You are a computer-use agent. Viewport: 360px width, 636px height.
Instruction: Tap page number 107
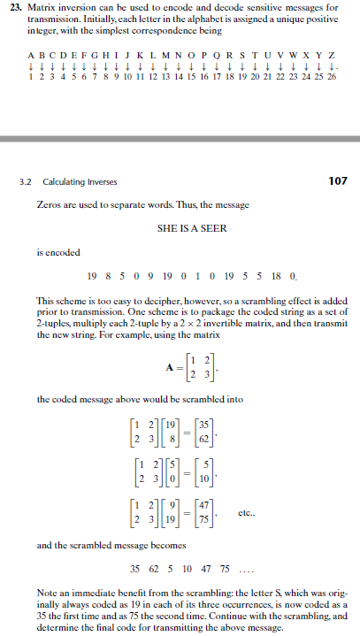(x=338, y=180)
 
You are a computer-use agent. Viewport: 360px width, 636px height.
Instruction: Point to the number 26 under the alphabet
(x=331, y=77)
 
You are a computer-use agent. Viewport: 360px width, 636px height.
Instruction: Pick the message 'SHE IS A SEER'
(x=190, y=228)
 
